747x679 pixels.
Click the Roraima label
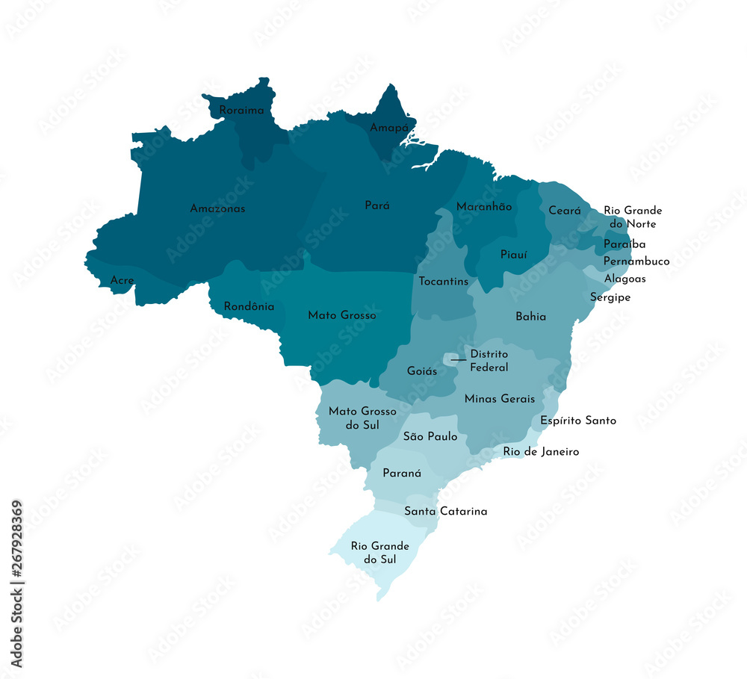pos(241,111)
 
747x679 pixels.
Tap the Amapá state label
pos(389,128)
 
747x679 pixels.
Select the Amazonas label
pos(217,208)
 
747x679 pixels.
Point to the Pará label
pos(377,205)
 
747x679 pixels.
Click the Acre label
pos(122,281)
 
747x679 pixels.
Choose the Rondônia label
pos(249,306)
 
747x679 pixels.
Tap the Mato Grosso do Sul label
pos(362,418)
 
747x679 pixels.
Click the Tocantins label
pos(444,282)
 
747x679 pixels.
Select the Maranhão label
pos(484,207)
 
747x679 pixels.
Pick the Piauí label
pos(513,255)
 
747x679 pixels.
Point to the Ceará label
pos(565,211)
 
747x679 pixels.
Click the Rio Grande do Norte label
pos(632,217)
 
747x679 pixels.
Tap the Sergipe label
pos(610,297)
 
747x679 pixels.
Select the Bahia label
pos(530,317)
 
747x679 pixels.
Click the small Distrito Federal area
pos(451,360)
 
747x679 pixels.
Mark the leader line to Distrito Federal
pos(458,360)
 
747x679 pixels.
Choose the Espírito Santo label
pos(578,421)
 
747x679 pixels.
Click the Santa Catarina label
pos(445,512)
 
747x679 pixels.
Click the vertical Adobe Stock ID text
pos(16,583)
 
